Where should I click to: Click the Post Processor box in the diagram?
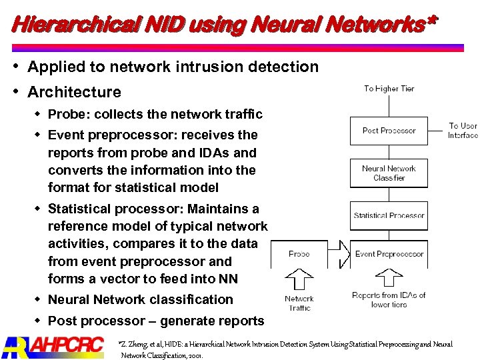click(x=389, y=131)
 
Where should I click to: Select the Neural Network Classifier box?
click(x=389, y=173)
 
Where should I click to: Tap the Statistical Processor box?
click(x=389, y=215)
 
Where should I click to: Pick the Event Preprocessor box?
click(x=389, y=254)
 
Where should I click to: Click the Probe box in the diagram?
click(x=299, y=254)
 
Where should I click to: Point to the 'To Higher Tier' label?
click(x=389, y=89)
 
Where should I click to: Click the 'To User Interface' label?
click(x=463, y=130)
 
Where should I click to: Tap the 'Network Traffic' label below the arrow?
click(x=299, y=303)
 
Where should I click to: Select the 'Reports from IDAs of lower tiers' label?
click(x=389, y=299)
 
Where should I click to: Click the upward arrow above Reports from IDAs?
click(x=389, y=279)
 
